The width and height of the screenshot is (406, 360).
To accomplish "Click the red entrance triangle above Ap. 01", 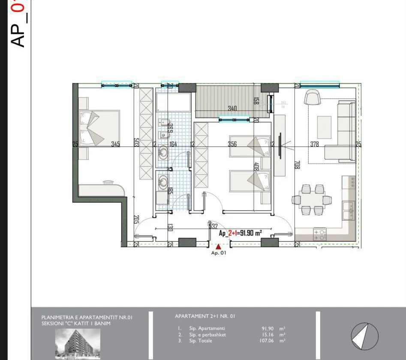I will click(218, 246).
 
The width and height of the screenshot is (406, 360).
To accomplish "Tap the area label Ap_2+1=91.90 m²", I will click(240, 233).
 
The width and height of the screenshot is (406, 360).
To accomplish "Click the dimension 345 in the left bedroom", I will click(115, 144).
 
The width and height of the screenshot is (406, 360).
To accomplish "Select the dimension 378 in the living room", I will click(315, 144).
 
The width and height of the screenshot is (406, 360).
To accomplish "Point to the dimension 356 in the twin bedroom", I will click(232, 144).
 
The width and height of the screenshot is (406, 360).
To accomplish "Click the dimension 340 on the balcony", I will click(232, 109).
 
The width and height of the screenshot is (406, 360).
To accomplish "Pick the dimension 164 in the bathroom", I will click(173, 144).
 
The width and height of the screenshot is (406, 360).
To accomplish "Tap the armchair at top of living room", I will click(312, 98).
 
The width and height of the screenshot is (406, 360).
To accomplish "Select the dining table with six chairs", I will click(312, 200).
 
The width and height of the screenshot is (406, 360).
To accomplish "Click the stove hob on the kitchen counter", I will click(320, 234).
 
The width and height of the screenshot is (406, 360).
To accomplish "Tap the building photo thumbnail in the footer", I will click(78, 344).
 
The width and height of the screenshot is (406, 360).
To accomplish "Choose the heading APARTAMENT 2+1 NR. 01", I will click(205, 316).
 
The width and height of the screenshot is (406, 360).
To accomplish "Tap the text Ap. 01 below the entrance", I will click(218, 253).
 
